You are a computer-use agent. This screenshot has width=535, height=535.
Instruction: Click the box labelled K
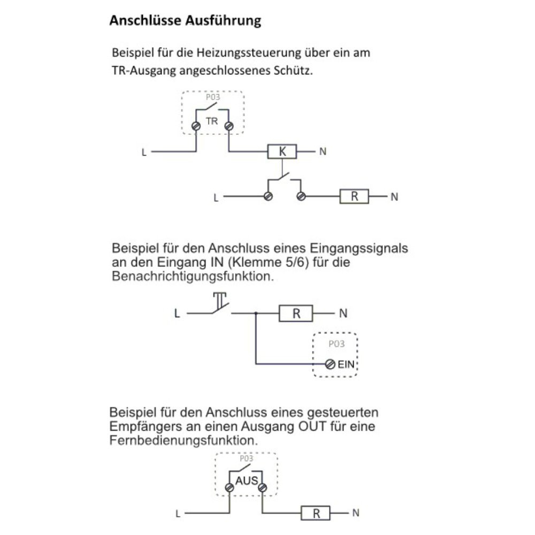[282, 152]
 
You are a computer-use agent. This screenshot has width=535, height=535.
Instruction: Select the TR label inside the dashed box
[212, 121]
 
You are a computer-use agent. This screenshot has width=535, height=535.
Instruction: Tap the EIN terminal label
[346, 365]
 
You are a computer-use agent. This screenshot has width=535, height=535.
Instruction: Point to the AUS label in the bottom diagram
[246, 481]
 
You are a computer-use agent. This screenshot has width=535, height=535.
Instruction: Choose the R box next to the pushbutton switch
[296, 314]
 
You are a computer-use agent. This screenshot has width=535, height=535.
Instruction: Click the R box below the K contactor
[354, 197]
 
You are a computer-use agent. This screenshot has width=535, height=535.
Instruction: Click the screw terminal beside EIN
[330, 364]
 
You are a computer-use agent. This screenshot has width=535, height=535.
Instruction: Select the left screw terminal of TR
[196, 125]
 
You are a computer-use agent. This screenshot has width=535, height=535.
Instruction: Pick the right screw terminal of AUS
[262, 487]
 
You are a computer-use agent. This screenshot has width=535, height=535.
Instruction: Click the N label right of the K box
[323, 152]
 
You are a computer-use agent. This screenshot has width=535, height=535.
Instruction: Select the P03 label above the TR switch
[212, 98]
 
